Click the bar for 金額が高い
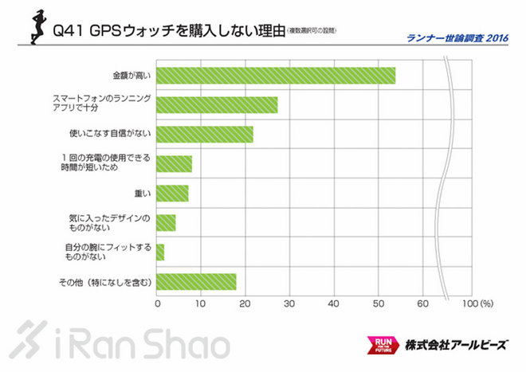point(276,76)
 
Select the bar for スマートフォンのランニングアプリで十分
point(217,105)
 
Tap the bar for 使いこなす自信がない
point(205,134)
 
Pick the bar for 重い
point(172,194)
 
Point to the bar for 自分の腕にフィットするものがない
point(160,252)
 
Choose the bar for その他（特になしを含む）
point(196,281)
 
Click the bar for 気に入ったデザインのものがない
point(166,222)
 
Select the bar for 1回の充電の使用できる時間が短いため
point(174,163)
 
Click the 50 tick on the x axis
point(379,304)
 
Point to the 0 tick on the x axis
point(157,304)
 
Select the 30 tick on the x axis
point(290,304)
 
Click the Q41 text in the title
point(66,32)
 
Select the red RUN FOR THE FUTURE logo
point(380,345)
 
